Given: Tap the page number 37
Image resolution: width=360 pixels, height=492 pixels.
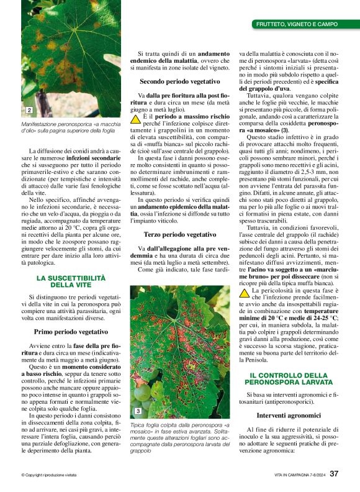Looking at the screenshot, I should (333, 474).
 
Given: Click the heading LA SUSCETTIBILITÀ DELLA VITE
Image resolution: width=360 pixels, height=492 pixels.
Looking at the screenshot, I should (71, 281).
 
